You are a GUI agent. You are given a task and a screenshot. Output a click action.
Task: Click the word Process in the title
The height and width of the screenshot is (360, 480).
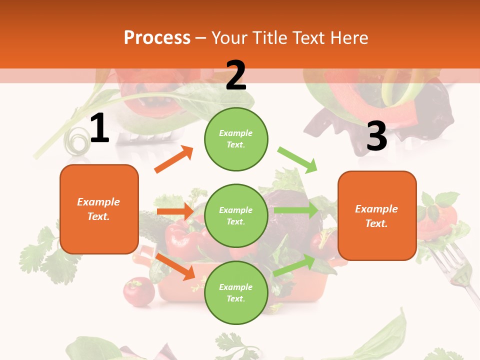point(157,38)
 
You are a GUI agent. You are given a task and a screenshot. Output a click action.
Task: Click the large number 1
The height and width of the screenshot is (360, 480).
point(99,129)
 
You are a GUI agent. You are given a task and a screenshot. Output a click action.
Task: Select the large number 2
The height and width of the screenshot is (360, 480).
point(236,75)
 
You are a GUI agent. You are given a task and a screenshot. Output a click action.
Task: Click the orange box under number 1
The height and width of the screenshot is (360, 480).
point(99,209)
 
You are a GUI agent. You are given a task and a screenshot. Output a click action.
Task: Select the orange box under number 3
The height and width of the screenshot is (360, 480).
point(377,215)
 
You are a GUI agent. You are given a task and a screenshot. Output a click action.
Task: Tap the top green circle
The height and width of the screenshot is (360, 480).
point(236,138)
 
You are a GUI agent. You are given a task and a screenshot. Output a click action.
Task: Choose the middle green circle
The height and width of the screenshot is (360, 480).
point(236,215)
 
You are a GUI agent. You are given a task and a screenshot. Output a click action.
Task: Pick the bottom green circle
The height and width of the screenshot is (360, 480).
point(236,292)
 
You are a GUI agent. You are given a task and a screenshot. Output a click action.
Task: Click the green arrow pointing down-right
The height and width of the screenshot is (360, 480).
point(298,160)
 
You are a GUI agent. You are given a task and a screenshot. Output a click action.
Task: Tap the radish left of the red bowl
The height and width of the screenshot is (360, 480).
point(138,291)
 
